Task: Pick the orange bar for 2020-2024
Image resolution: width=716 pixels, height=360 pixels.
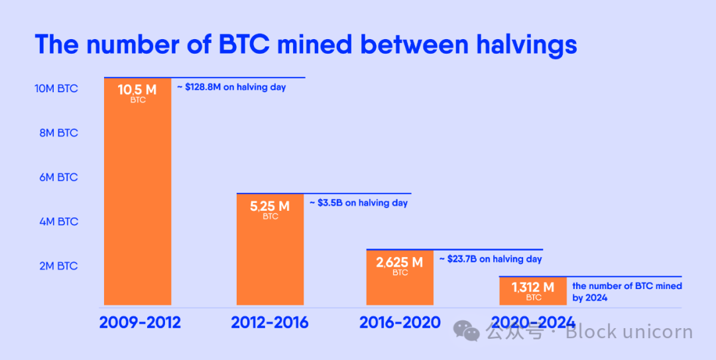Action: (x=533, y=292)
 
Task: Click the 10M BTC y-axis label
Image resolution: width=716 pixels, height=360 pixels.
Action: (x=56, y=88)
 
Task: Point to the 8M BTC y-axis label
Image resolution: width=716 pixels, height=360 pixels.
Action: (x=58, y=133)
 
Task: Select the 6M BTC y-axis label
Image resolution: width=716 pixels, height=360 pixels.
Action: (x=58, y=177)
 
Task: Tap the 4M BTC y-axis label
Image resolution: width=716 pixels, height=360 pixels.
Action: (x=58, y=221)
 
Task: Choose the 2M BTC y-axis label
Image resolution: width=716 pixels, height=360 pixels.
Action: (x=58, y=266)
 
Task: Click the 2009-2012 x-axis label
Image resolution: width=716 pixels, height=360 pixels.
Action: (x=140, y=323)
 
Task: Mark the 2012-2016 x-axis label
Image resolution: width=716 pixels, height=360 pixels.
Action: (x=270, y=323)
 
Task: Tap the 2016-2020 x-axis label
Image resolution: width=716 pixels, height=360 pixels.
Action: (x=400, y=323)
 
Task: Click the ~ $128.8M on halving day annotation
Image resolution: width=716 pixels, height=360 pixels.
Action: (x=231, y=87)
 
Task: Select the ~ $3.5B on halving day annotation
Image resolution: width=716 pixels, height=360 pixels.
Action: (x=359, y=203)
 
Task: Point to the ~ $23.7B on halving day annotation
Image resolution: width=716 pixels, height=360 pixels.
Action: (x=491, y=259)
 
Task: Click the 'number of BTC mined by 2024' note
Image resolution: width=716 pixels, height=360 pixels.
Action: (x=626, y=292)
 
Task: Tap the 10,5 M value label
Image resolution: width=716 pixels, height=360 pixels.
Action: (x=137, y=90)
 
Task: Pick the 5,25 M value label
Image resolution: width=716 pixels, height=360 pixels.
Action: (x=270, y=206)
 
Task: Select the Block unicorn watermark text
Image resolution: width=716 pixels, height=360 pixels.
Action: (x=628, y=331)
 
